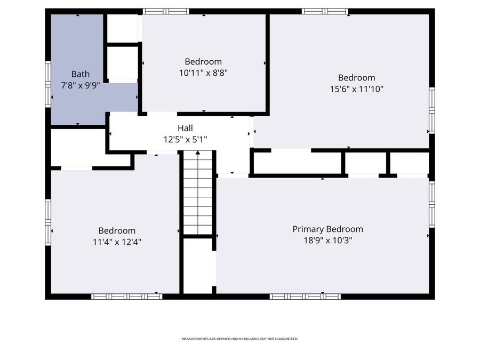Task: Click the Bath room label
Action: [x=81, y=74]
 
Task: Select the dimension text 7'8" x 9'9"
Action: [x=81, y=85]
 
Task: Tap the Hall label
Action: [x=185, y=128]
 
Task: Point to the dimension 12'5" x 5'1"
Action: [x=185, y=139]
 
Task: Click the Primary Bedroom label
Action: [x=327, y=229]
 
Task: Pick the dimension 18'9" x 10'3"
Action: [x=327, y=240]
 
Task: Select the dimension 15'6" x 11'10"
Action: [x=356, y=89]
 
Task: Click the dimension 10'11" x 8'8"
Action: [x=203, y=73]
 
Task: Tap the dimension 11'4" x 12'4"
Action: [x=117, y=242]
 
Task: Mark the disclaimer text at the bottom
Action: [x=239, y=339]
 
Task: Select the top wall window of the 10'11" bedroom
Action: [x=166, y=11]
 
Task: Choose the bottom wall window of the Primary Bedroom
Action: [x=305, y=296]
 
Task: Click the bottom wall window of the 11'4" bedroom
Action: [x=126, y=296]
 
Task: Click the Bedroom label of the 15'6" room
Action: [x=356, y=77]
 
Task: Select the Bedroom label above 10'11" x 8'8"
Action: [x=203, y=61]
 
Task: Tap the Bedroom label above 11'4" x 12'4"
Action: [x=117, y=230]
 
